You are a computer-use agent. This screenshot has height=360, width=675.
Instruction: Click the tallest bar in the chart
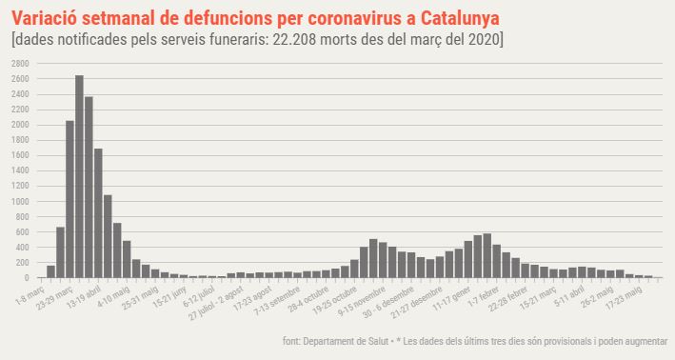tap(79, 176)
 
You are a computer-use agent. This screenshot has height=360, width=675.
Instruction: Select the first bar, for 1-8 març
tap(50, 271)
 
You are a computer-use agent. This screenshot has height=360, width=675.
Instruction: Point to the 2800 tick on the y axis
tap(20, 62)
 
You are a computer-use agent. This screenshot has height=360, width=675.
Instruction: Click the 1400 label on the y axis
tap(20, 170)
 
